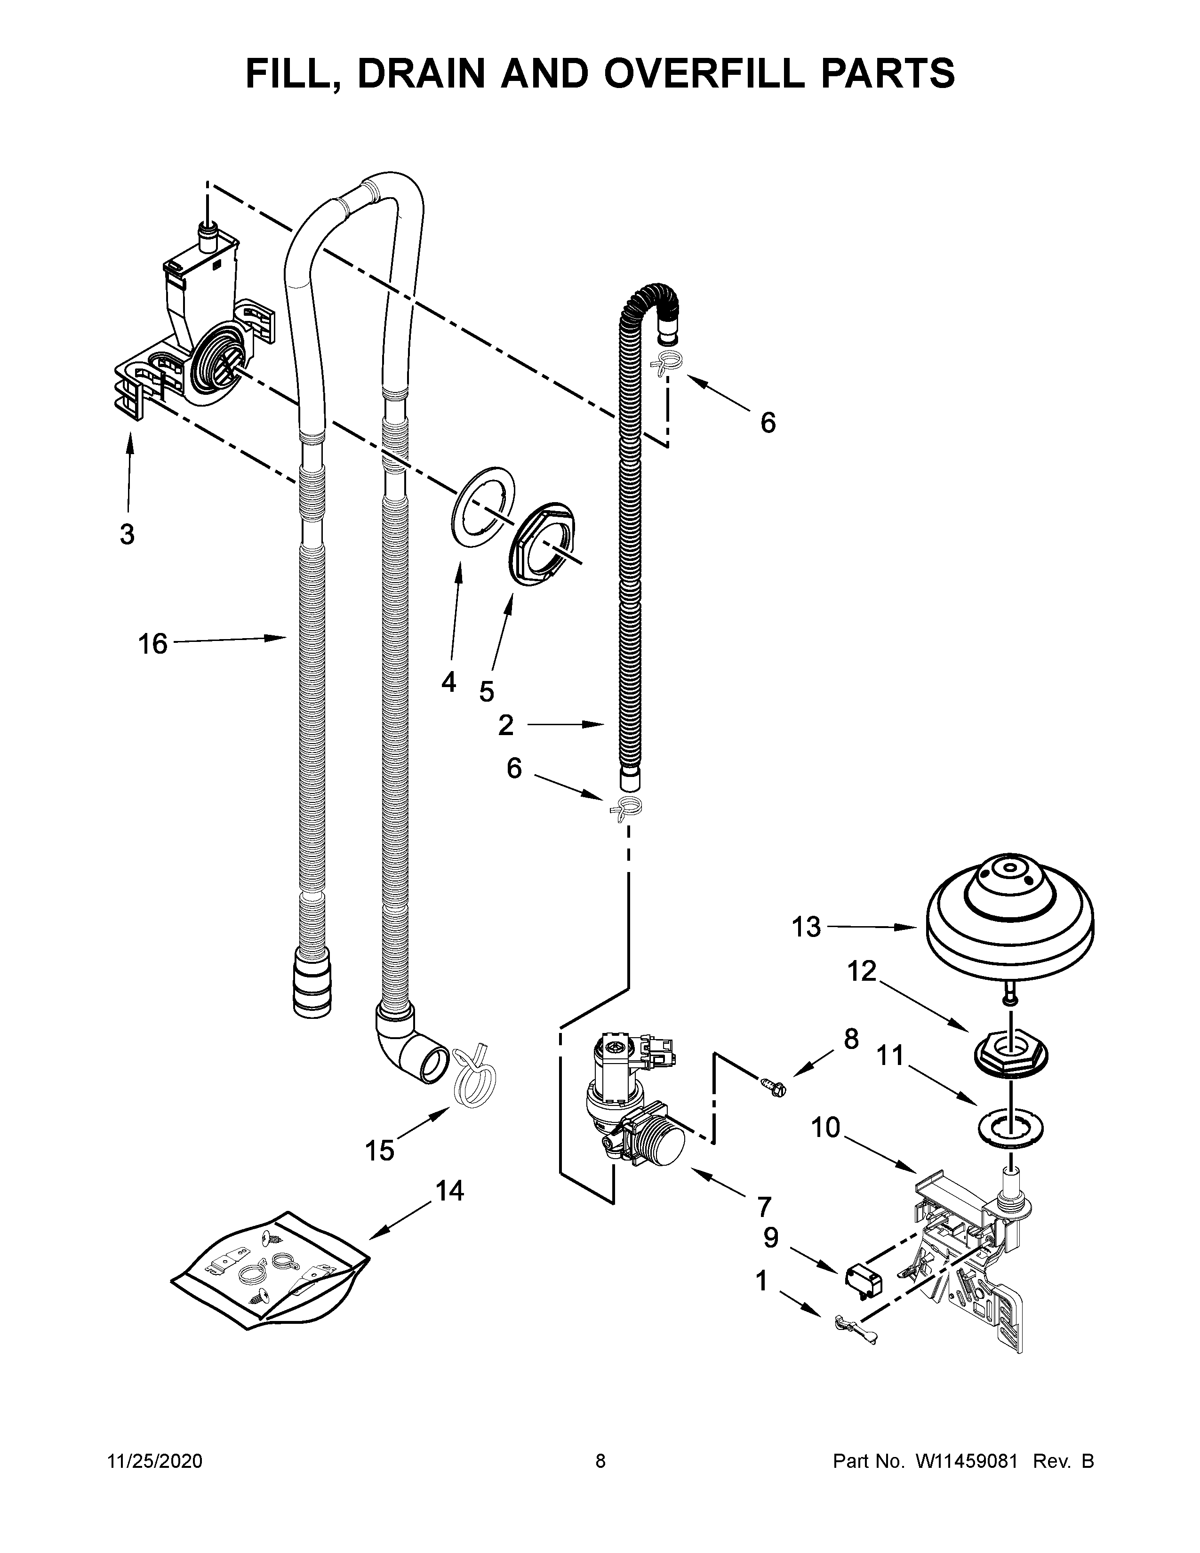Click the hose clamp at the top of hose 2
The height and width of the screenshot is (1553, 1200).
[x=666, y=363]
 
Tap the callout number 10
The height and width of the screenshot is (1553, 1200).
[x=826, y=1127]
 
